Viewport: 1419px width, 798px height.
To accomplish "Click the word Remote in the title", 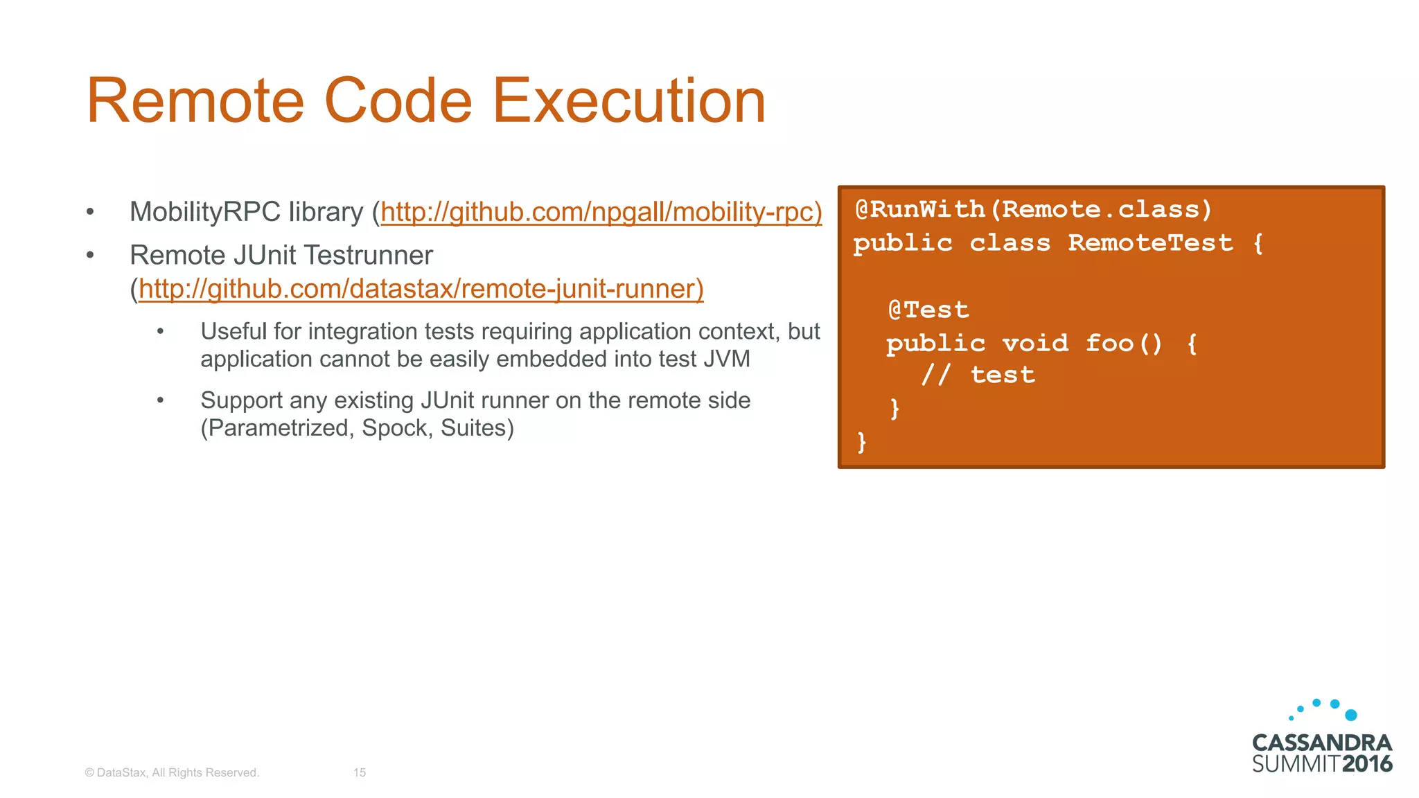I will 195,101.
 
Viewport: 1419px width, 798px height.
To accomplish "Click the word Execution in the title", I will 628,101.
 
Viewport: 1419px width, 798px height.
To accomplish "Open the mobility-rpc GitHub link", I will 601,212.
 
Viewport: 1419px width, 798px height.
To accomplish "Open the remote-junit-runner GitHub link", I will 421,289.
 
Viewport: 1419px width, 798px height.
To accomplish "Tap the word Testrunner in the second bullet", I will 368,256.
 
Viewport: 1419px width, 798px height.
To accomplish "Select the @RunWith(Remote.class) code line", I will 1033,209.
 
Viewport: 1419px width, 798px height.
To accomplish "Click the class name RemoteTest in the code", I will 1150,243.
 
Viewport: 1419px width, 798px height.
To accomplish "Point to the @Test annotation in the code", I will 928,310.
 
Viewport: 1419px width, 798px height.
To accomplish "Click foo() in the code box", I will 1124,344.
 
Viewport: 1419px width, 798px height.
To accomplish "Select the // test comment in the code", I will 978,375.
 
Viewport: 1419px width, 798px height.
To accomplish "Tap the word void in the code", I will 1035,344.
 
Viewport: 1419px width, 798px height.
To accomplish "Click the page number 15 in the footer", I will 360,772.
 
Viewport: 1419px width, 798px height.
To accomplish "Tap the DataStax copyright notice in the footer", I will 172,772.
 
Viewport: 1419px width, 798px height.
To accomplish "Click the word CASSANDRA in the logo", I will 1321,743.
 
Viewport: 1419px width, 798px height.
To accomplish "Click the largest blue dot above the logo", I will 1350,715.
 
